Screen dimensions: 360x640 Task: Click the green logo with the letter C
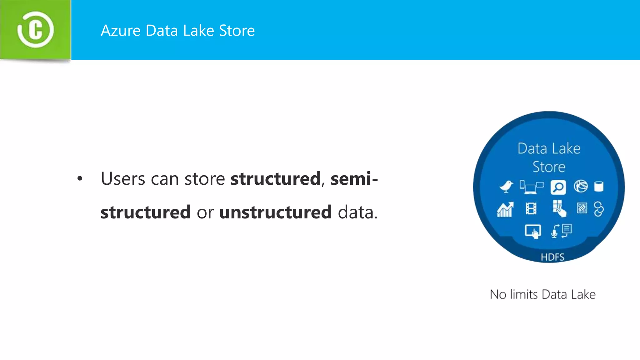tap(35, 30)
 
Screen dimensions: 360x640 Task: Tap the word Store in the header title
tap(237, 31)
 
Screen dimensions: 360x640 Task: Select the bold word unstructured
tap(275, 212)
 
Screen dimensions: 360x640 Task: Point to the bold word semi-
tap(354, 179)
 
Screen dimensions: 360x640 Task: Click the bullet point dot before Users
tap(80, 179)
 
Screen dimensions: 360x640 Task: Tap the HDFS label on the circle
tap(552, 257)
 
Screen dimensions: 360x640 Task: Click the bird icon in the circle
tap(506, 187)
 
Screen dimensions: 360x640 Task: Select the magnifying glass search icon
tap(558, 187)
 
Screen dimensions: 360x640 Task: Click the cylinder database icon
tap(598, 187)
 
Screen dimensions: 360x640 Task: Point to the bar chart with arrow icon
tap(505, 209)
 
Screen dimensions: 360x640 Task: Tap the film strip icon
tap(531, 208)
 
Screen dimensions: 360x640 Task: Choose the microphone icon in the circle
tap(554, 232)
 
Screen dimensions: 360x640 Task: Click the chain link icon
tap(598, 209)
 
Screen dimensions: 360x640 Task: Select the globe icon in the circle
tap(581, 187)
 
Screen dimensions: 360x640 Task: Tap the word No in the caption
tap(498, 294)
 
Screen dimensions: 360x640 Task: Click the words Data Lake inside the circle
tap(549, 148)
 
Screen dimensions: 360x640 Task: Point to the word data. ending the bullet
tap(358, 212)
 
